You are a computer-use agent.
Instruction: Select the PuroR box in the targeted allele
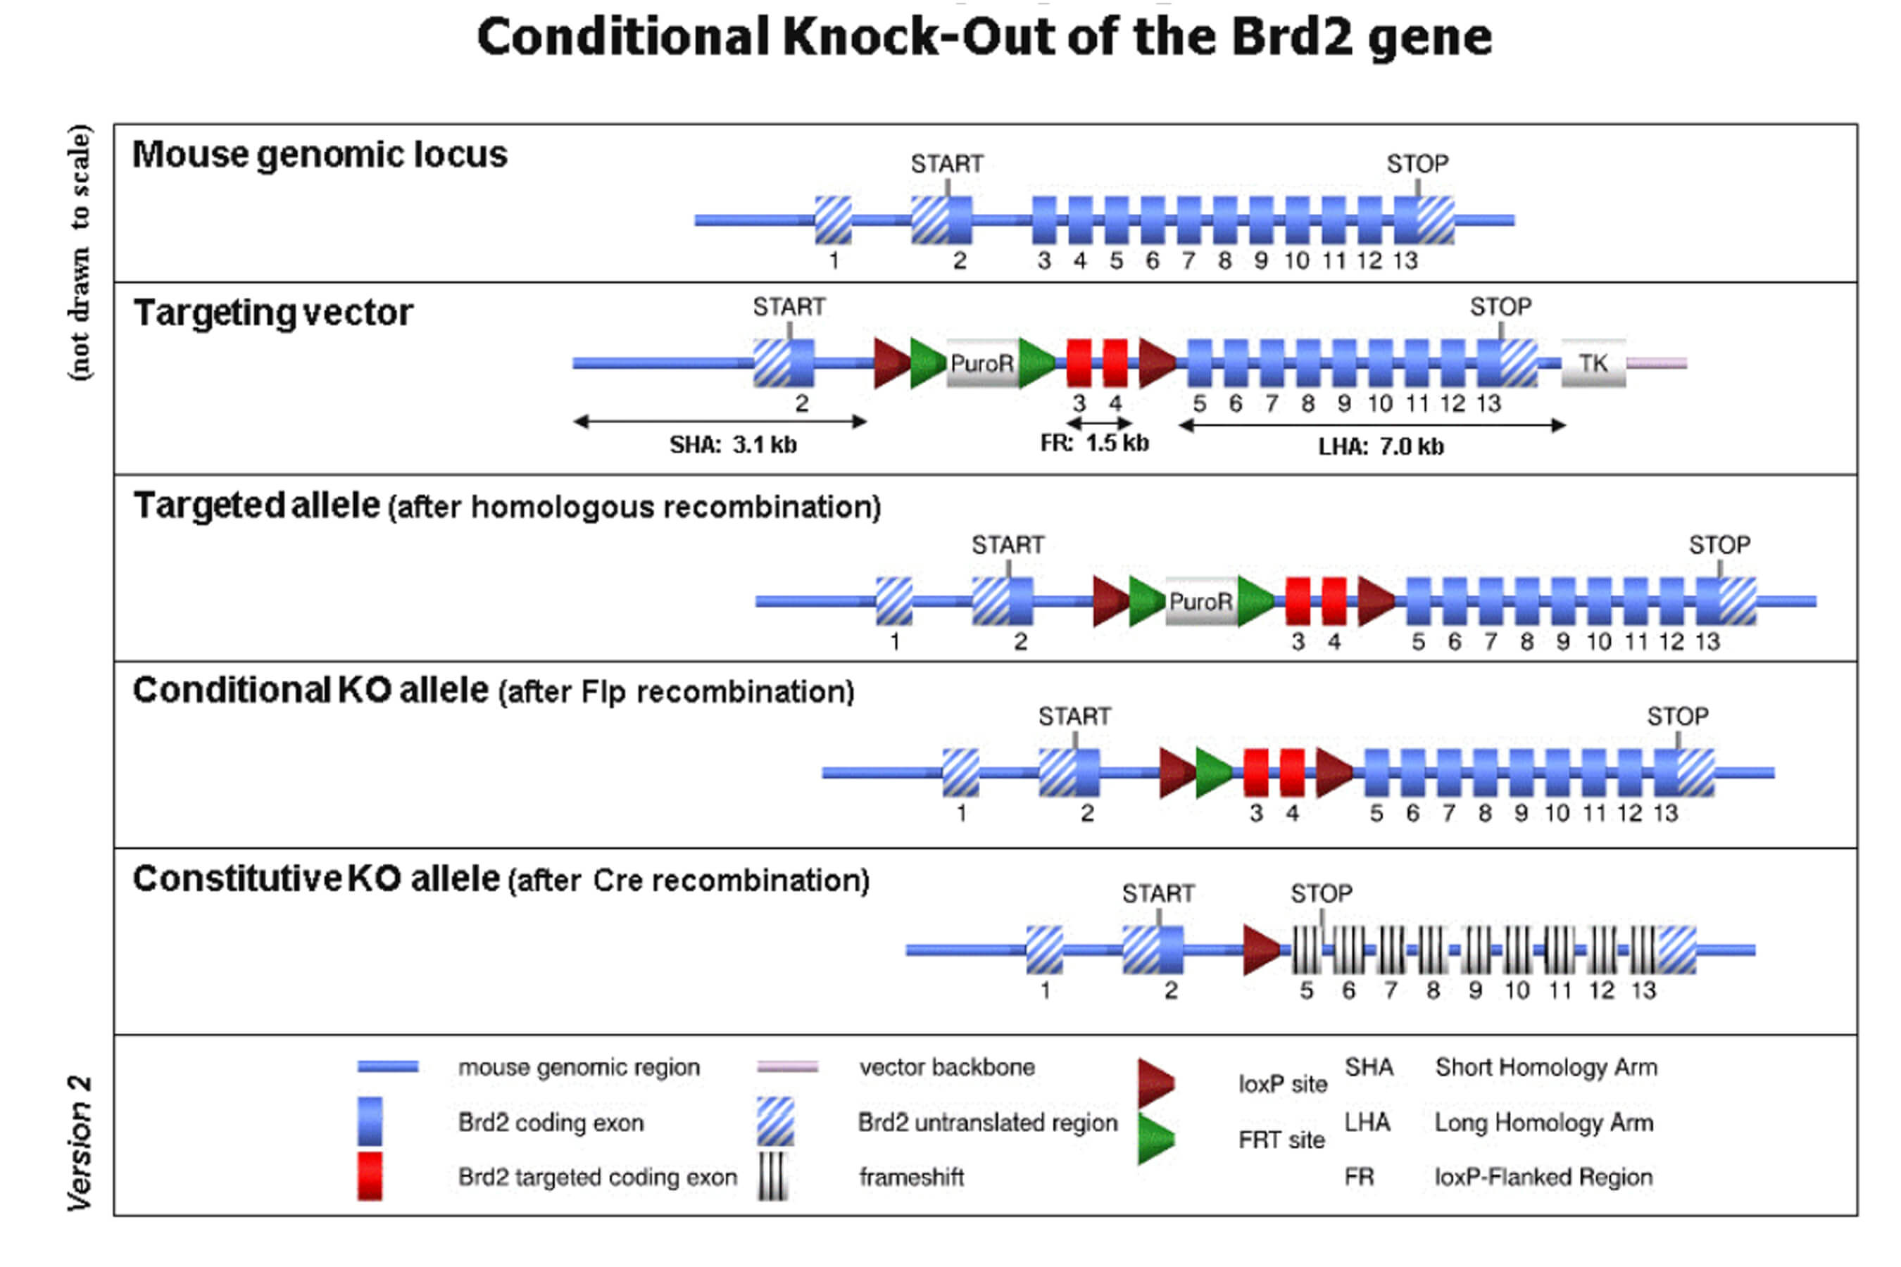(x=1201, y=601)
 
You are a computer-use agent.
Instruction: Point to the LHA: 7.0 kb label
(x=1381, y=447)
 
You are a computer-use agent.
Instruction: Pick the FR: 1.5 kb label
(x=1094, y=443)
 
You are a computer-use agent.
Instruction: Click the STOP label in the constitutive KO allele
(x=1321, y=894)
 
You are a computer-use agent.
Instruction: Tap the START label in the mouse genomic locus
(x=946, y=164)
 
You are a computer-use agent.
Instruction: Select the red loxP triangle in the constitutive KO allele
(x=1261, y=950)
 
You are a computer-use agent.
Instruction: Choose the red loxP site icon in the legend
(x=1156, y=1083)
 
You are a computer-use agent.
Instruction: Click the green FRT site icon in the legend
(x=1156, y=1138)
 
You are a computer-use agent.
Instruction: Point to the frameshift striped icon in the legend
(x=772, y=1176)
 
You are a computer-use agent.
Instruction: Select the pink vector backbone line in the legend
(x=787, y=1067)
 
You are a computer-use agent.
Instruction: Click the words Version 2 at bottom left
(x=79, y=1142)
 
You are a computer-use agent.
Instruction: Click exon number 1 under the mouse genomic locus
(x=834, y=261)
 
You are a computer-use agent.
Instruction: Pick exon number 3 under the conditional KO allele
(x=1256, y=814)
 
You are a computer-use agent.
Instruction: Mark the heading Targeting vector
(x=273, y=313)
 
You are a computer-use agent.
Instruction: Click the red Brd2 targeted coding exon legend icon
(x=370, y=1175)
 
